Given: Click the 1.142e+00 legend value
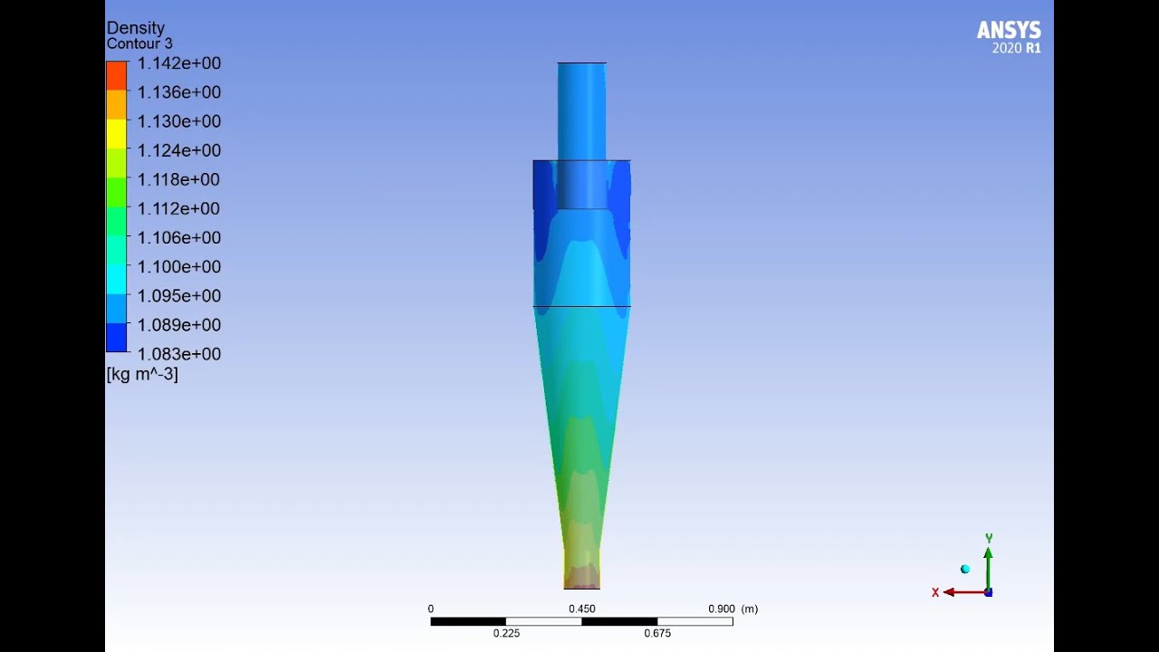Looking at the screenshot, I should (178, 63).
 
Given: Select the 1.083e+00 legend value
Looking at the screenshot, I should (178, 354).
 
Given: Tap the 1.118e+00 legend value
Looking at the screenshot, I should (178, 179).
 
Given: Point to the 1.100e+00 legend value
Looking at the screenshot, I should (178, 267).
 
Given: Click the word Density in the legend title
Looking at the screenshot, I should (136, 28).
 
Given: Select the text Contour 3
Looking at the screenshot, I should (139, 43).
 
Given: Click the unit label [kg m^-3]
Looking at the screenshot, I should (142, 374).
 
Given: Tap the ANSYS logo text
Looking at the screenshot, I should (1009, 31).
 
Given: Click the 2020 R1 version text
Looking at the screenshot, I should (1016, 48).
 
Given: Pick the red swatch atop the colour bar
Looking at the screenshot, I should (117, 76).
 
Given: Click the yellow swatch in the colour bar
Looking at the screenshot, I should (117, 134).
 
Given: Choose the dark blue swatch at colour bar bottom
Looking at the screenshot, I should (117, 338).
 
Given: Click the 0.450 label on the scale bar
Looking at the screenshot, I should (581, 609).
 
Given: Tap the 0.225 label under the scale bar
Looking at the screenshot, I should (506, 633).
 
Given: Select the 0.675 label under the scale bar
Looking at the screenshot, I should (657, 633).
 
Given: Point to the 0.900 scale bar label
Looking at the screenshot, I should (722, 609).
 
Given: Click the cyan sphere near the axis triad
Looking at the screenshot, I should (965, 569).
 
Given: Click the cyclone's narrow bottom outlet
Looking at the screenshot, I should (581, 576).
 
